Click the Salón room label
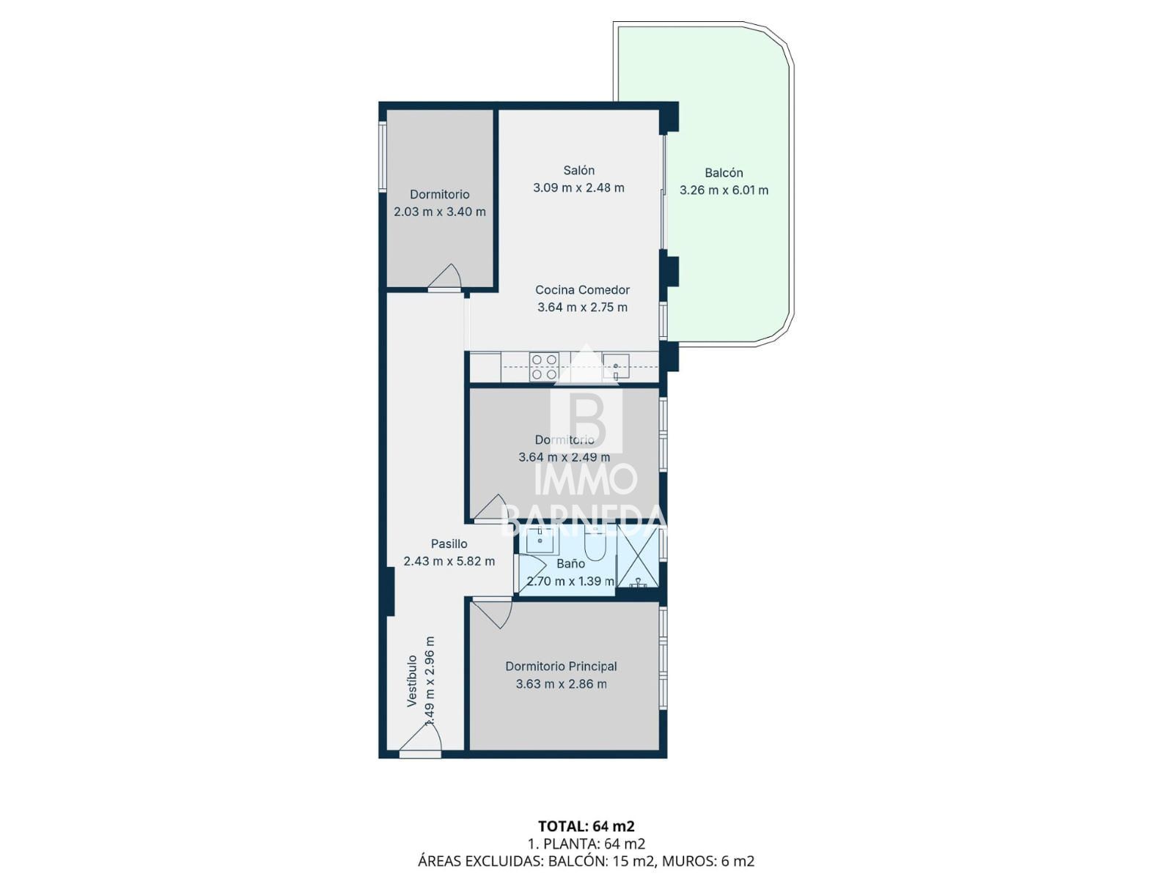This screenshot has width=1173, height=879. pos(578,170)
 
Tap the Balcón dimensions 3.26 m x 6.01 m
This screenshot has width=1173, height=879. pos(724,190)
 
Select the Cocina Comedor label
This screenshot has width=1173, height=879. pos(583,290)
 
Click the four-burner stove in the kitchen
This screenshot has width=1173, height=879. pos(544,367)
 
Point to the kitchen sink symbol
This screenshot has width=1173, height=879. pos(616,367)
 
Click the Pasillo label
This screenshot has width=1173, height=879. pos(449,544)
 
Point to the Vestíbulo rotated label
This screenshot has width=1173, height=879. pos(411,681)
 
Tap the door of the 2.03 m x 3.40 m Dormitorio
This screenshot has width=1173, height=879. pos(444,278)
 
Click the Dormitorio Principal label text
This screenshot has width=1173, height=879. pos(561,666)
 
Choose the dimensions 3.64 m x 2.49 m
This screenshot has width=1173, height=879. pos(564,457)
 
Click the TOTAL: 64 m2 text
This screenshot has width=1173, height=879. pos(586,827)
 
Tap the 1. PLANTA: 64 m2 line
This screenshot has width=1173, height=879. pos(586,844)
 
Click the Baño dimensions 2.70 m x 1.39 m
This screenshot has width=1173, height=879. pos(570,581)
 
